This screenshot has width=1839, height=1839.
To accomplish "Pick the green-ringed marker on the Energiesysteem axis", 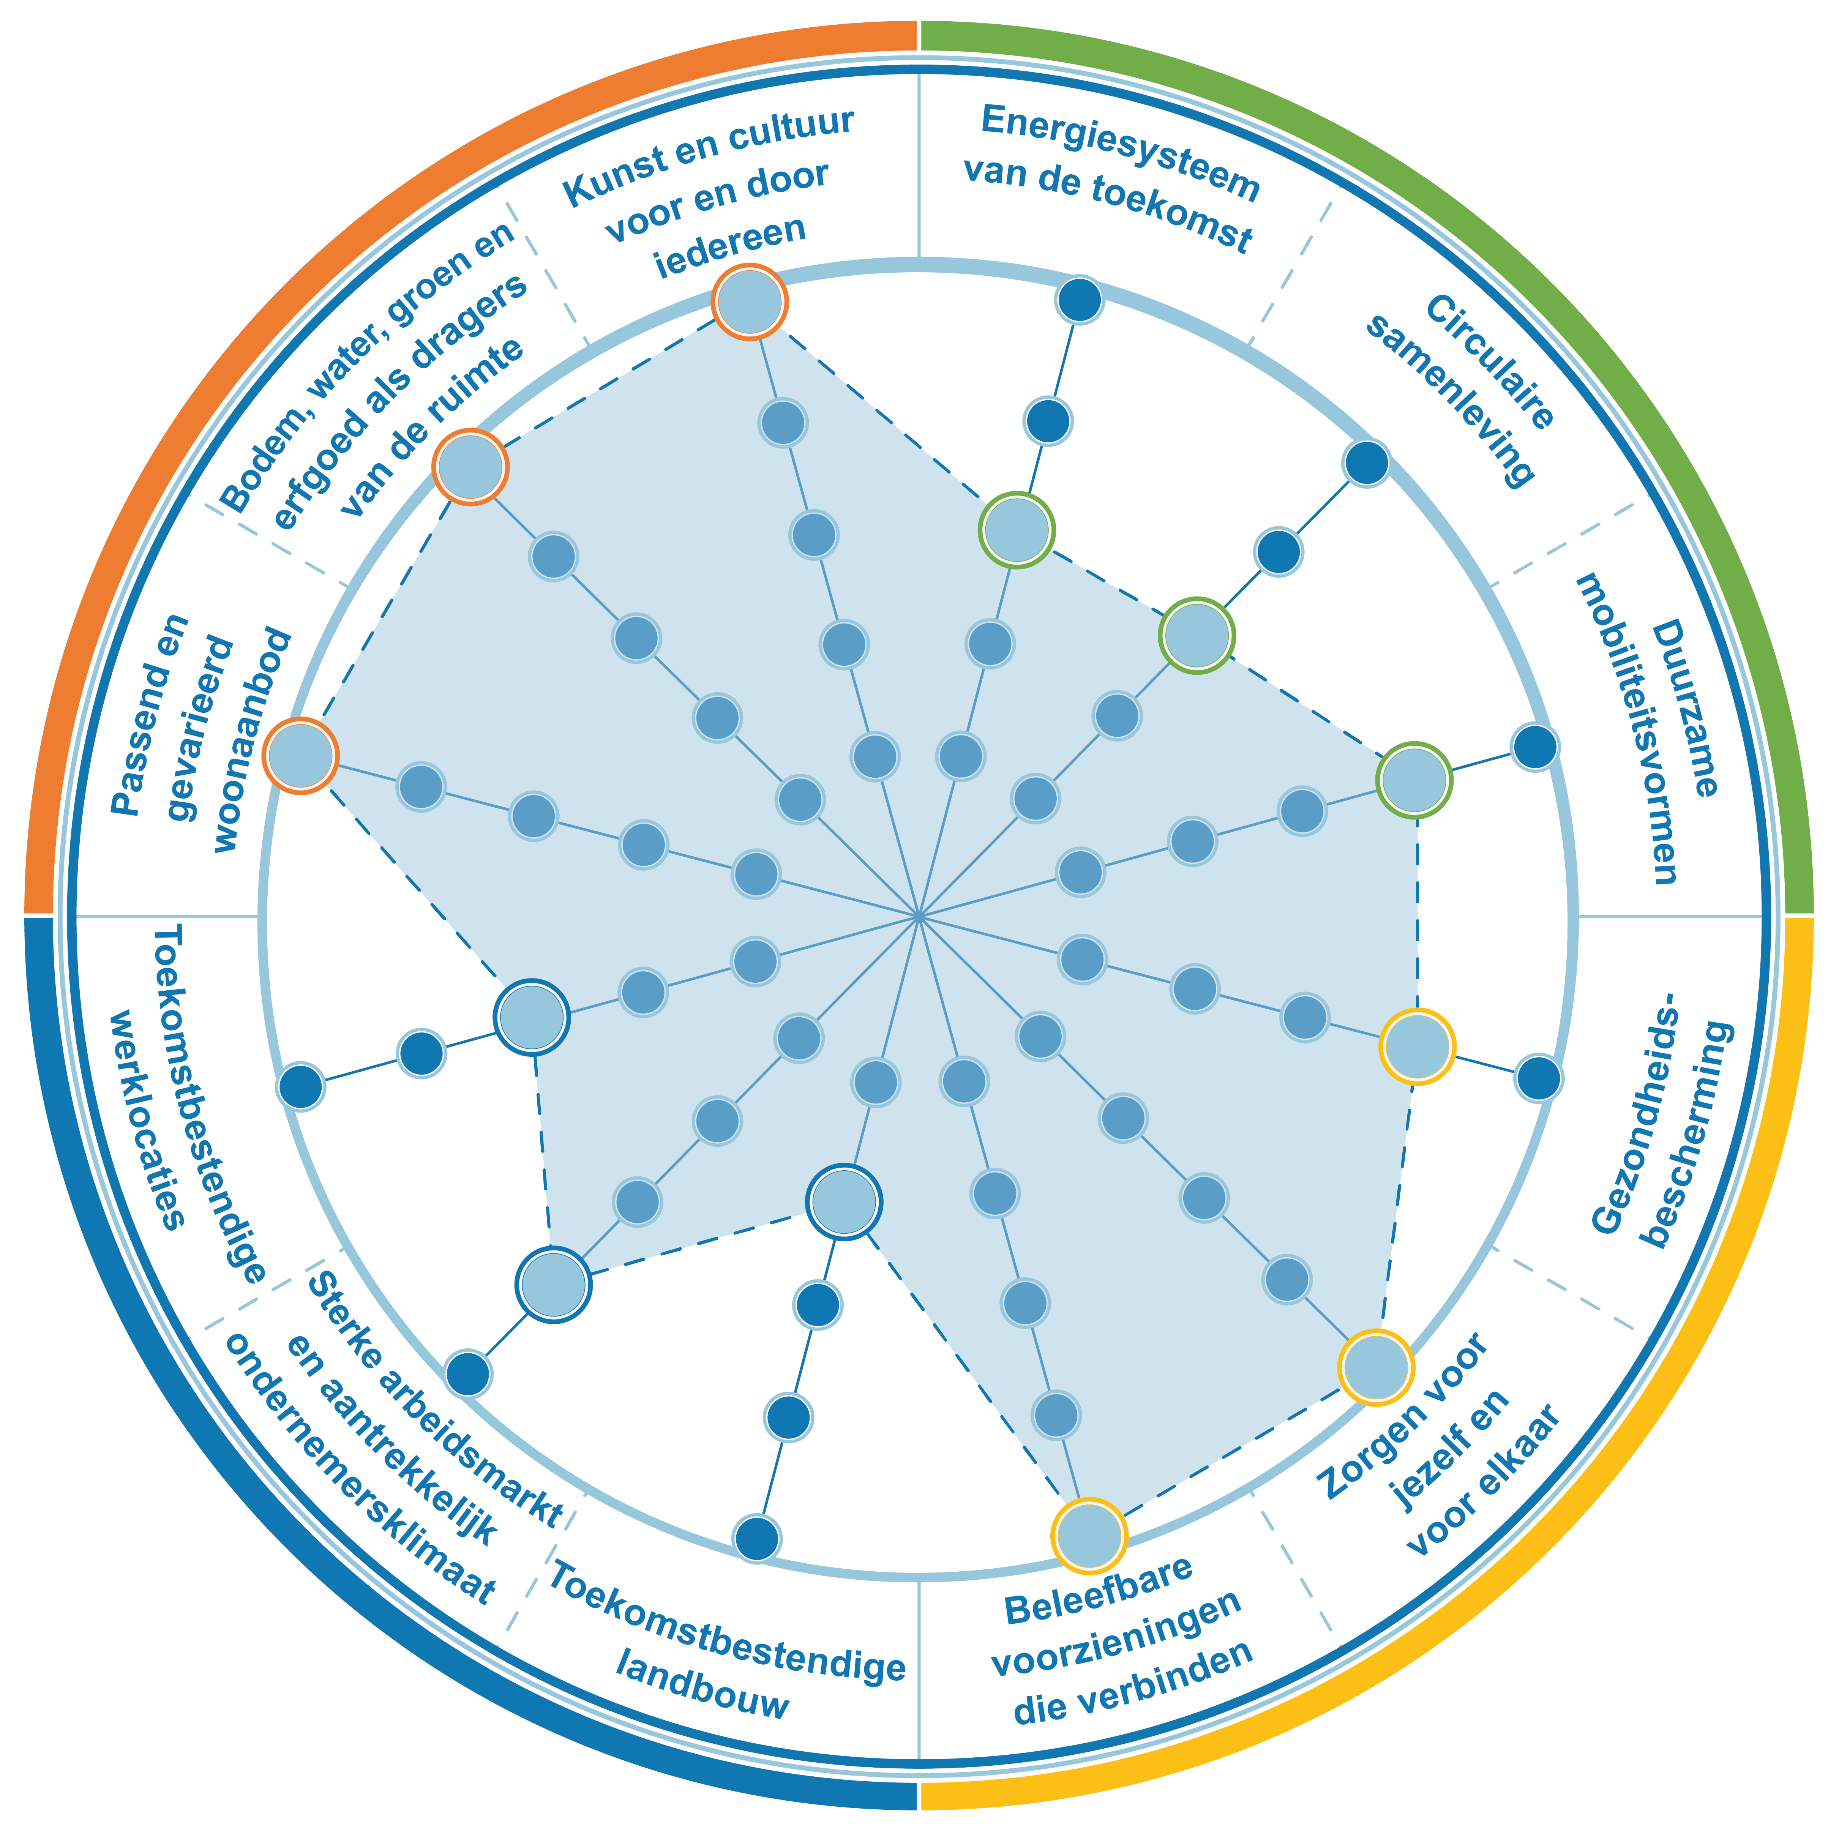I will (1018, 530).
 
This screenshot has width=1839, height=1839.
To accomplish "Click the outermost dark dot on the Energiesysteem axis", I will (1080, 300).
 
